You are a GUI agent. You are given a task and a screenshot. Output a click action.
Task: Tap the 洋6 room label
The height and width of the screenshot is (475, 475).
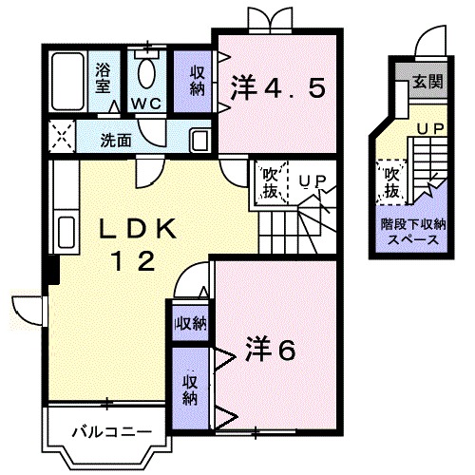(x=273, y=349)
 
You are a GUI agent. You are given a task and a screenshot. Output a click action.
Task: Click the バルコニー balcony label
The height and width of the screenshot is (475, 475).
(x=112, y=432)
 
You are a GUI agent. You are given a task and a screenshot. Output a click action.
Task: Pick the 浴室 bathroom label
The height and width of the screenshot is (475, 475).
(x=103, y=77)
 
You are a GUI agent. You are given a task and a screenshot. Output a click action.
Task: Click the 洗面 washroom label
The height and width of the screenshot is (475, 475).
(x=116, y=140)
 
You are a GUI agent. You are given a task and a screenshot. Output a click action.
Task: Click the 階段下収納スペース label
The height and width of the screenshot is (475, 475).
(x=410, y=233)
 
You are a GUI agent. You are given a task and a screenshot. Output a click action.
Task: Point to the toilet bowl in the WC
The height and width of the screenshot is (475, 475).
(x=147, y=70)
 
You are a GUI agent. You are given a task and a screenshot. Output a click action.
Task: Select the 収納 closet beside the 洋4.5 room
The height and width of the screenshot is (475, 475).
(x=197, y=82)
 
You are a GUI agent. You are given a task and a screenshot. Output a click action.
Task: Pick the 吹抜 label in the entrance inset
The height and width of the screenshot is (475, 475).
(x=390, y=182)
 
